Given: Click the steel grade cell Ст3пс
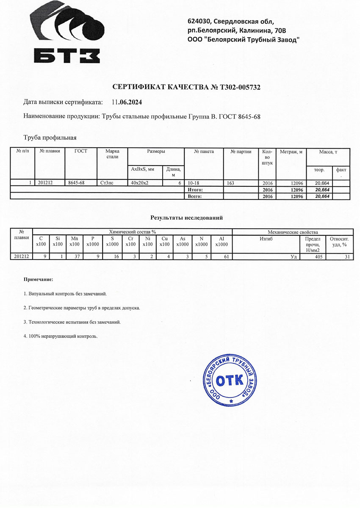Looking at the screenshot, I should tap(107, 183).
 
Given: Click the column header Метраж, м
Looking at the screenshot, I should tap(291, 152).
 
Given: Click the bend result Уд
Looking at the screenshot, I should tap(293, 256).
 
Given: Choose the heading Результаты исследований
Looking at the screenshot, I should tap(186, 218).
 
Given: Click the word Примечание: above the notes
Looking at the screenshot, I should tap(39, 280).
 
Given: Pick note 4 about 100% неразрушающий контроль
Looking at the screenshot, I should tap(61, 336).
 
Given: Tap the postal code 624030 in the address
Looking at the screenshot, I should tap(200, 21).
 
